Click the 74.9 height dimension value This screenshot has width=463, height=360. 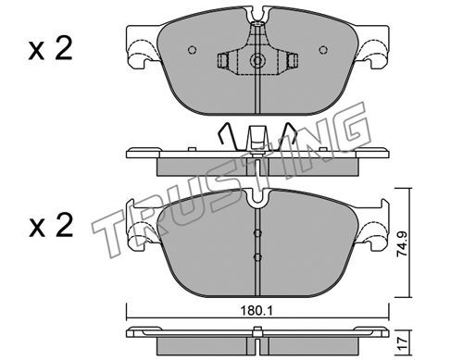pos(403,245)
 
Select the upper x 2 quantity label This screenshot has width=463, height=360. pos(51,49)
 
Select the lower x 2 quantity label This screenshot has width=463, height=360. pos(51,226)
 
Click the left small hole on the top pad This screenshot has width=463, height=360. pos(193,50)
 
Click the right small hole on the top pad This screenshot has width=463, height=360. pos(323,50)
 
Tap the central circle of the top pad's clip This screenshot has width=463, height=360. pos(257,60)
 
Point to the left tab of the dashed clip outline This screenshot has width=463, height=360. pos(222,60)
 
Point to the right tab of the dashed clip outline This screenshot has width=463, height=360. pos(292,60)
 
